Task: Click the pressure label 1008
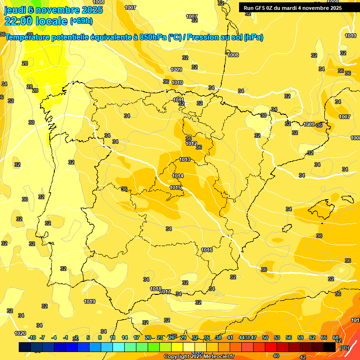pyautogui.click(x=233, y=55)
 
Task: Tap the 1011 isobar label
pyautogui.click(x=178, y=100)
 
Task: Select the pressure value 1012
pyautogui.click(x=191, y=143)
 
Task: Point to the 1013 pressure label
pyautogui.click(x=185, y=160)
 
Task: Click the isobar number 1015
pyautogui.click(x=175, y=187)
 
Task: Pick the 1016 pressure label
pyautogui.click(x=207, y=250)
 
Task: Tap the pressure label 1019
pyautogui.click(x=90, y=301)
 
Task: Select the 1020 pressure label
pyautogui.click(x=20, y=333)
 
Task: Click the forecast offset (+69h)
pyautogui.click(x=81, y=21)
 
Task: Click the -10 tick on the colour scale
pyautogui.click(x=32, y=337)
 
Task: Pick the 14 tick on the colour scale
pyautogui.click(x=125, y=337)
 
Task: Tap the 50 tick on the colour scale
pyautogui.click(x=265, y=337)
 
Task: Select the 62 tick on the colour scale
pyautogui.click(x=312, y=337)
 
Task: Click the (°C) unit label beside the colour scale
pyautogui.click(x=345, y=348)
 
